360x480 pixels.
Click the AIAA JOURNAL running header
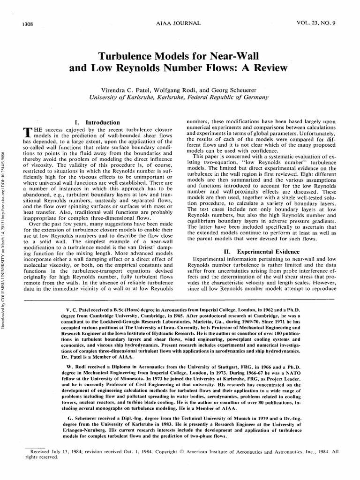tap(180, 23)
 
